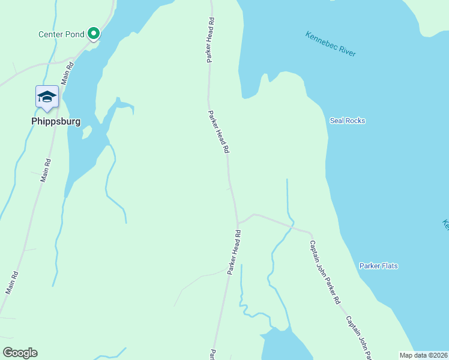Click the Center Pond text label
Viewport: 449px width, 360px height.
[61, 34]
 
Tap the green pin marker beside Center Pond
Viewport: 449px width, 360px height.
[94, 34]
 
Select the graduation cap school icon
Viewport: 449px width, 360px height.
[47, 97]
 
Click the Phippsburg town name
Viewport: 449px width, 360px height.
[56, 121]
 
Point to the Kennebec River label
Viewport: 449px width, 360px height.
[330, 44]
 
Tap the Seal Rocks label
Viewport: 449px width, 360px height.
[348, 121]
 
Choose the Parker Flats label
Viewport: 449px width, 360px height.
[379, 266]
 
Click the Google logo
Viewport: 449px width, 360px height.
[20, 353]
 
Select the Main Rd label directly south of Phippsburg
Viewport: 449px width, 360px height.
[46, 170]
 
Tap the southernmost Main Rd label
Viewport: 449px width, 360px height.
[13, 283]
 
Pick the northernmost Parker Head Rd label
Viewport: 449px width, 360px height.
[211, 40]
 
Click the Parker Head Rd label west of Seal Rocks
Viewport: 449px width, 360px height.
[219, 131]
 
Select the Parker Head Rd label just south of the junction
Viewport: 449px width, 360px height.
[234, 253]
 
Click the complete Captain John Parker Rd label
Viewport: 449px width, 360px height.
[325, 272]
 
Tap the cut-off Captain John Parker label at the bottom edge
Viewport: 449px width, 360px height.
[360, 338]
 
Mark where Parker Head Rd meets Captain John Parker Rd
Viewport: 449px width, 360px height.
[238, 223]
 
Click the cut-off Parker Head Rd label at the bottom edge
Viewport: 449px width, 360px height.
[212, 355]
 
